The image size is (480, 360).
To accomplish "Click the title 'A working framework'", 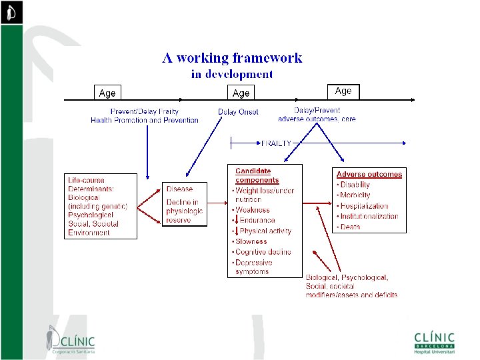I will point(232,57).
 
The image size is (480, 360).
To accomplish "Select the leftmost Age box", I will point(107,93).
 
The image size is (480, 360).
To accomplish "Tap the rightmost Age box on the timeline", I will point(343,91).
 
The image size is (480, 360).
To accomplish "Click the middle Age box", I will point(241,93).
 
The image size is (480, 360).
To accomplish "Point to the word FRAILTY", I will point(275,143).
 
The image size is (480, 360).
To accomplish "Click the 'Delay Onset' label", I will point(238,112).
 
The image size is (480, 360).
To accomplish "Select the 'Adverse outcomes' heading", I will point(369,175).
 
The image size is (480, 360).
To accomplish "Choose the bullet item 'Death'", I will point(351,227).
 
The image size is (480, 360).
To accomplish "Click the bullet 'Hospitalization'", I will point(364,206).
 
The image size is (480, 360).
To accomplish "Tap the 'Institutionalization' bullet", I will point(369,216).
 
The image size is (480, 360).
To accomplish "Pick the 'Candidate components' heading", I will point(257,175).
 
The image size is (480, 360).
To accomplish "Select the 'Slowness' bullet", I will point(253,241).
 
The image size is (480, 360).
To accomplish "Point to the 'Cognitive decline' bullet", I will point(263,252).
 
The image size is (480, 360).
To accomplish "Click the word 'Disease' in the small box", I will point(179,189).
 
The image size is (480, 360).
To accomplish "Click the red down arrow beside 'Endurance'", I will point(236,220).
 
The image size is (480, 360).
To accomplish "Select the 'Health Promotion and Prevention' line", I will point(145,121).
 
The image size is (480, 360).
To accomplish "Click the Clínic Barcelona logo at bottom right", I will point(433,341).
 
